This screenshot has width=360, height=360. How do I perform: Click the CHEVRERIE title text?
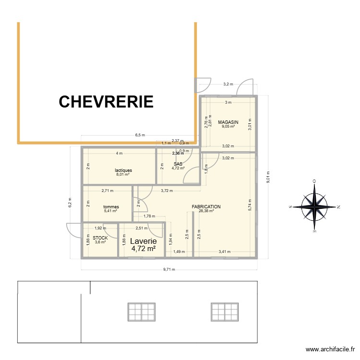pos(106,102)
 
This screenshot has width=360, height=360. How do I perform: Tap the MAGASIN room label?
pos(228,122)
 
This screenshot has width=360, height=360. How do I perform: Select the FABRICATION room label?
pos(206,207)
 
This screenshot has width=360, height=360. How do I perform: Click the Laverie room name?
pos(144,241)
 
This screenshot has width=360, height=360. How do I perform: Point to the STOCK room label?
pos(100,238)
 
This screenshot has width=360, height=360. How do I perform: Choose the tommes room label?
pos(111,207)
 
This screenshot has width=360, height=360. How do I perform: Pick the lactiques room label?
pos(123,170)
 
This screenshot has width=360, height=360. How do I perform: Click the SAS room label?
pos(178,164)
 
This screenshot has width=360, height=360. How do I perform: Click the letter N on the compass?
pos(338,207)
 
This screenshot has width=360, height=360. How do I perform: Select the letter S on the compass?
pos(290,207)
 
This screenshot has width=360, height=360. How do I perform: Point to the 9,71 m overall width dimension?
pos(169,269)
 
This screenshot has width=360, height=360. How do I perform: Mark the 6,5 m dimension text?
pos(140,135)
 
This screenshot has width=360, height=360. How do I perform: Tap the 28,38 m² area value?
pos(206,211)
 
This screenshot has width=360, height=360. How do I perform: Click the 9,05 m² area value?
pos(228,127)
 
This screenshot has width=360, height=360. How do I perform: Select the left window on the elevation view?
pos(141,312)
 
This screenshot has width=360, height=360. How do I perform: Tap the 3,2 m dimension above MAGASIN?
pos(228,84)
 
